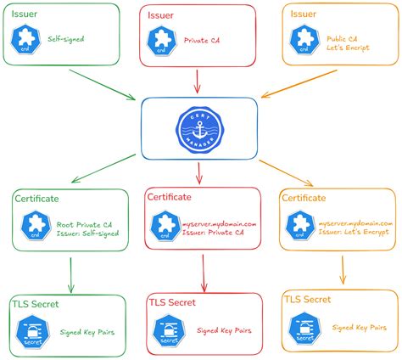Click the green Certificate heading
point(36,198)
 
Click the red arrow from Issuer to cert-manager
point(198,81)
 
